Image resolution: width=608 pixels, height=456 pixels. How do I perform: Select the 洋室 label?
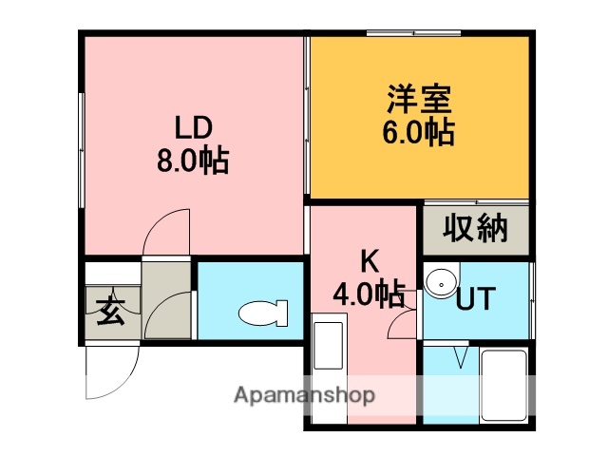click(418, 99)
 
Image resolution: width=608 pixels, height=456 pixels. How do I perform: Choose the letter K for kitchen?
click(369, 260)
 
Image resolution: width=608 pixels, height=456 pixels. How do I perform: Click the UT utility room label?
click(475, 299)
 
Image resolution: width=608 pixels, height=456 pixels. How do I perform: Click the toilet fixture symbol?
click(262, 313)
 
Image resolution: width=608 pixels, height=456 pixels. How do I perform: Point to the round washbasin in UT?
click(439, 282)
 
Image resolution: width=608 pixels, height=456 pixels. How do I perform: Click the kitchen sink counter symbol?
click(329, 347)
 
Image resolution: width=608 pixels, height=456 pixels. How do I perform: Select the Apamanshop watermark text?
click(304, 394)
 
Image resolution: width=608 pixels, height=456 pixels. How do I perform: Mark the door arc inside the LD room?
click(167, 233)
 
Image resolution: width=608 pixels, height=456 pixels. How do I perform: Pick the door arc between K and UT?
click(404, 323)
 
